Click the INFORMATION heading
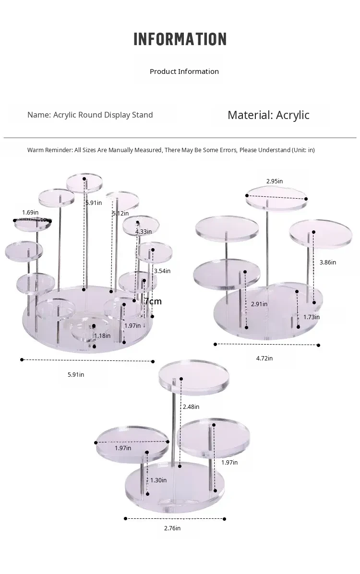point(180,39)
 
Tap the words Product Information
point(184,72)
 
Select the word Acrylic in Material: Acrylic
point(293,115)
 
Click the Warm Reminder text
point(171,150)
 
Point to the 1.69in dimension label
point(30,212)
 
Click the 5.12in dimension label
point(120,214)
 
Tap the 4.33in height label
point(144,231)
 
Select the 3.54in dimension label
point(162,271)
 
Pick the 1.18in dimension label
point(103,335)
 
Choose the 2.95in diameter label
point(275,181)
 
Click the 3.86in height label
point(328,262)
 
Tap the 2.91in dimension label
point(259,304)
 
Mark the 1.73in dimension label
point(312,317)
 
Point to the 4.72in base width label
point(264,359)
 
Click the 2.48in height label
point(191,407)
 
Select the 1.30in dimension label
point(158,480)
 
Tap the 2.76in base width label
point(172,528)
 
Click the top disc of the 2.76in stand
point(194,377)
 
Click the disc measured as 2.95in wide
point(276,198)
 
